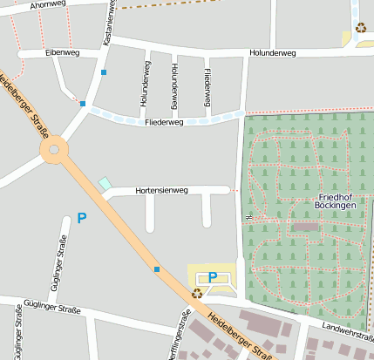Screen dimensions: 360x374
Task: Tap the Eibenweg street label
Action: (62, 53)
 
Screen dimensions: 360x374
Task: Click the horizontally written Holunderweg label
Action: (272, 53)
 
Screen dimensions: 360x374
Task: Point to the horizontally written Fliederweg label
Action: (164, 123)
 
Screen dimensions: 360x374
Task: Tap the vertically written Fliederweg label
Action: (207, 88)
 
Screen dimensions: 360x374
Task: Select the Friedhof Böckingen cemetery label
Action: (337, 201)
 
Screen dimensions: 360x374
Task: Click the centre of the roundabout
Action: (54, 150)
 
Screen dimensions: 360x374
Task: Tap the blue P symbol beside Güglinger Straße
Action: (82, 218)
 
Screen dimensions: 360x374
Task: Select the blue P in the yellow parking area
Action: (213, 277)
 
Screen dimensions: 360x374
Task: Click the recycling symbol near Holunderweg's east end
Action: (360, 28)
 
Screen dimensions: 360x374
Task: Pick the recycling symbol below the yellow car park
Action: (198, 294)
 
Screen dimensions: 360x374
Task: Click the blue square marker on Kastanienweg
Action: (104, 72)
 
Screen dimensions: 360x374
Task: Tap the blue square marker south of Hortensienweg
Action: (157, 269)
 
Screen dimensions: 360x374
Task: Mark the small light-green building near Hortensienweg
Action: (105, 184)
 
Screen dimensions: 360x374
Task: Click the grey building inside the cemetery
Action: (306, 227)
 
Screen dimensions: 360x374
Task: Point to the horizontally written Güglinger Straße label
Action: (52, 309)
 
